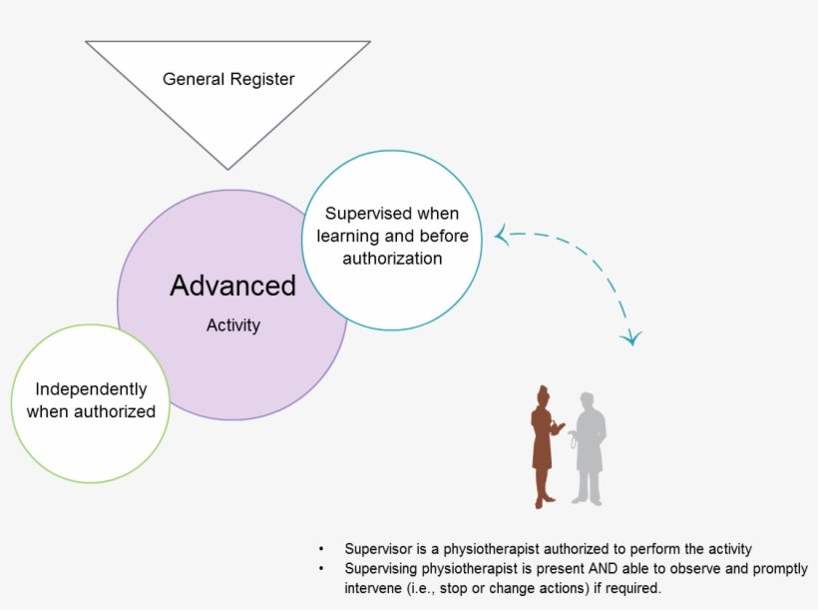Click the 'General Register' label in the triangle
pos(228,79)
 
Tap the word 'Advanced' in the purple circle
pos(232,286)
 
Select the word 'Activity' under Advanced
pos(233,325)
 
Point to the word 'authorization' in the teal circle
pos(392,259)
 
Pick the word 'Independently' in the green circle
pos(92,389)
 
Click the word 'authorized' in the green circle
pos(115,411)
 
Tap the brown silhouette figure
pos(544,447)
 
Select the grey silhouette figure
pos(589,449)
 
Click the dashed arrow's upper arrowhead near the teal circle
pos(502,235)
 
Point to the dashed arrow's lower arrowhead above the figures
pos(631,338)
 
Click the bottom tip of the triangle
pos(227,169)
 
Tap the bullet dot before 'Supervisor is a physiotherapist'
pos(321,549)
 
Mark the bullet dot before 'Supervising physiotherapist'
pos(321,568)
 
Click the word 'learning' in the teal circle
pos(348,237)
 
